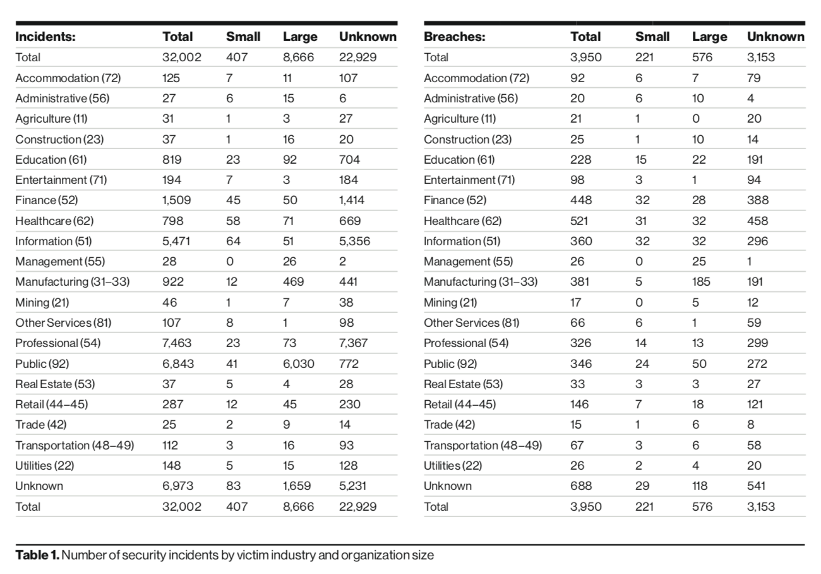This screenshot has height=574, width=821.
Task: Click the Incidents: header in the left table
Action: tap(45, 37)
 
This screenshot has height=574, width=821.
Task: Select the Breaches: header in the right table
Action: tap(455, 37)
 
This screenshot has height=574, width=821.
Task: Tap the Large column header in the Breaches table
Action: tap(710, 37)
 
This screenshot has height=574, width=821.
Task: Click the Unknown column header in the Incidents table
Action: tap(368, 37)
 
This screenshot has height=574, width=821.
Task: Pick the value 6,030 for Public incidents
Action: tap(298, 364)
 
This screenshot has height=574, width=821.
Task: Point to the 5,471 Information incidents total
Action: tap(176, 241)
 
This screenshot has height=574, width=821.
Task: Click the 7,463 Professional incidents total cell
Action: tap(177, 343)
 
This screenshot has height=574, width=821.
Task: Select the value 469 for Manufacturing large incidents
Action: tap(293, 282)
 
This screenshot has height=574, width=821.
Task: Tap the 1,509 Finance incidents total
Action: tap(176, 200)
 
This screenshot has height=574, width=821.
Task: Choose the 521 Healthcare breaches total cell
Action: tap(578, 221)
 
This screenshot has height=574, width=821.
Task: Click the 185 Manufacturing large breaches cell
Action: tap(701, 282)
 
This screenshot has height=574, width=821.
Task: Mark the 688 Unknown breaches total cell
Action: tap(581, 486)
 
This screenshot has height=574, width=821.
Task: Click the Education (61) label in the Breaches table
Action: tap(459, 160)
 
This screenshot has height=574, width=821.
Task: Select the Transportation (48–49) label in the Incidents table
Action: tap(75, 445)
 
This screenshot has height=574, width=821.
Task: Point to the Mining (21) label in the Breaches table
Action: tap(450, 303)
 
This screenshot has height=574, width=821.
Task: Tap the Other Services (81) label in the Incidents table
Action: tap(63, 323)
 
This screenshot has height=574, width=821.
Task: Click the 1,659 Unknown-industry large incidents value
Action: tap(297, 486)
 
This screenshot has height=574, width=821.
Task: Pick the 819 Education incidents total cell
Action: tap(172, 160)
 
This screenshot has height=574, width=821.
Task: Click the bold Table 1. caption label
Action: tap(37, 555)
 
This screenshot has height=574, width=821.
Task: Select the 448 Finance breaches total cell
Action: tap(581, 200)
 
